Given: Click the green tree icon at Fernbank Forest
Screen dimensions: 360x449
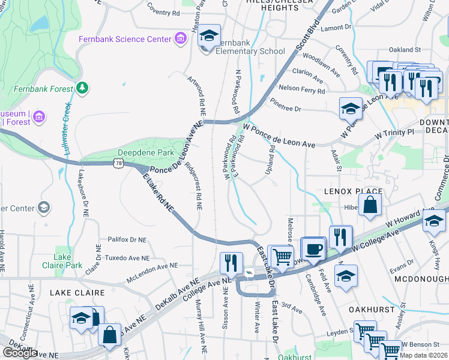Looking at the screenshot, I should [x=82, y=88].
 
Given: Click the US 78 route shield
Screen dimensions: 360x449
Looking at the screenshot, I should [x=117, y=163].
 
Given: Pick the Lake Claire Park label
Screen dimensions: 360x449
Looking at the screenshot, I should [x=67, y=261].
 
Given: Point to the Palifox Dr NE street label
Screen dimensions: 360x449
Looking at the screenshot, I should [x=127, y=239].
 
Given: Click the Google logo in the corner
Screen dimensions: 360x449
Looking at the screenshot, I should [x=20, y=353].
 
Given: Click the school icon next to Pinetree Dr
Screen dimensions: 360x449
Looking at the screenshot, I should [x=351, y=109].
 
